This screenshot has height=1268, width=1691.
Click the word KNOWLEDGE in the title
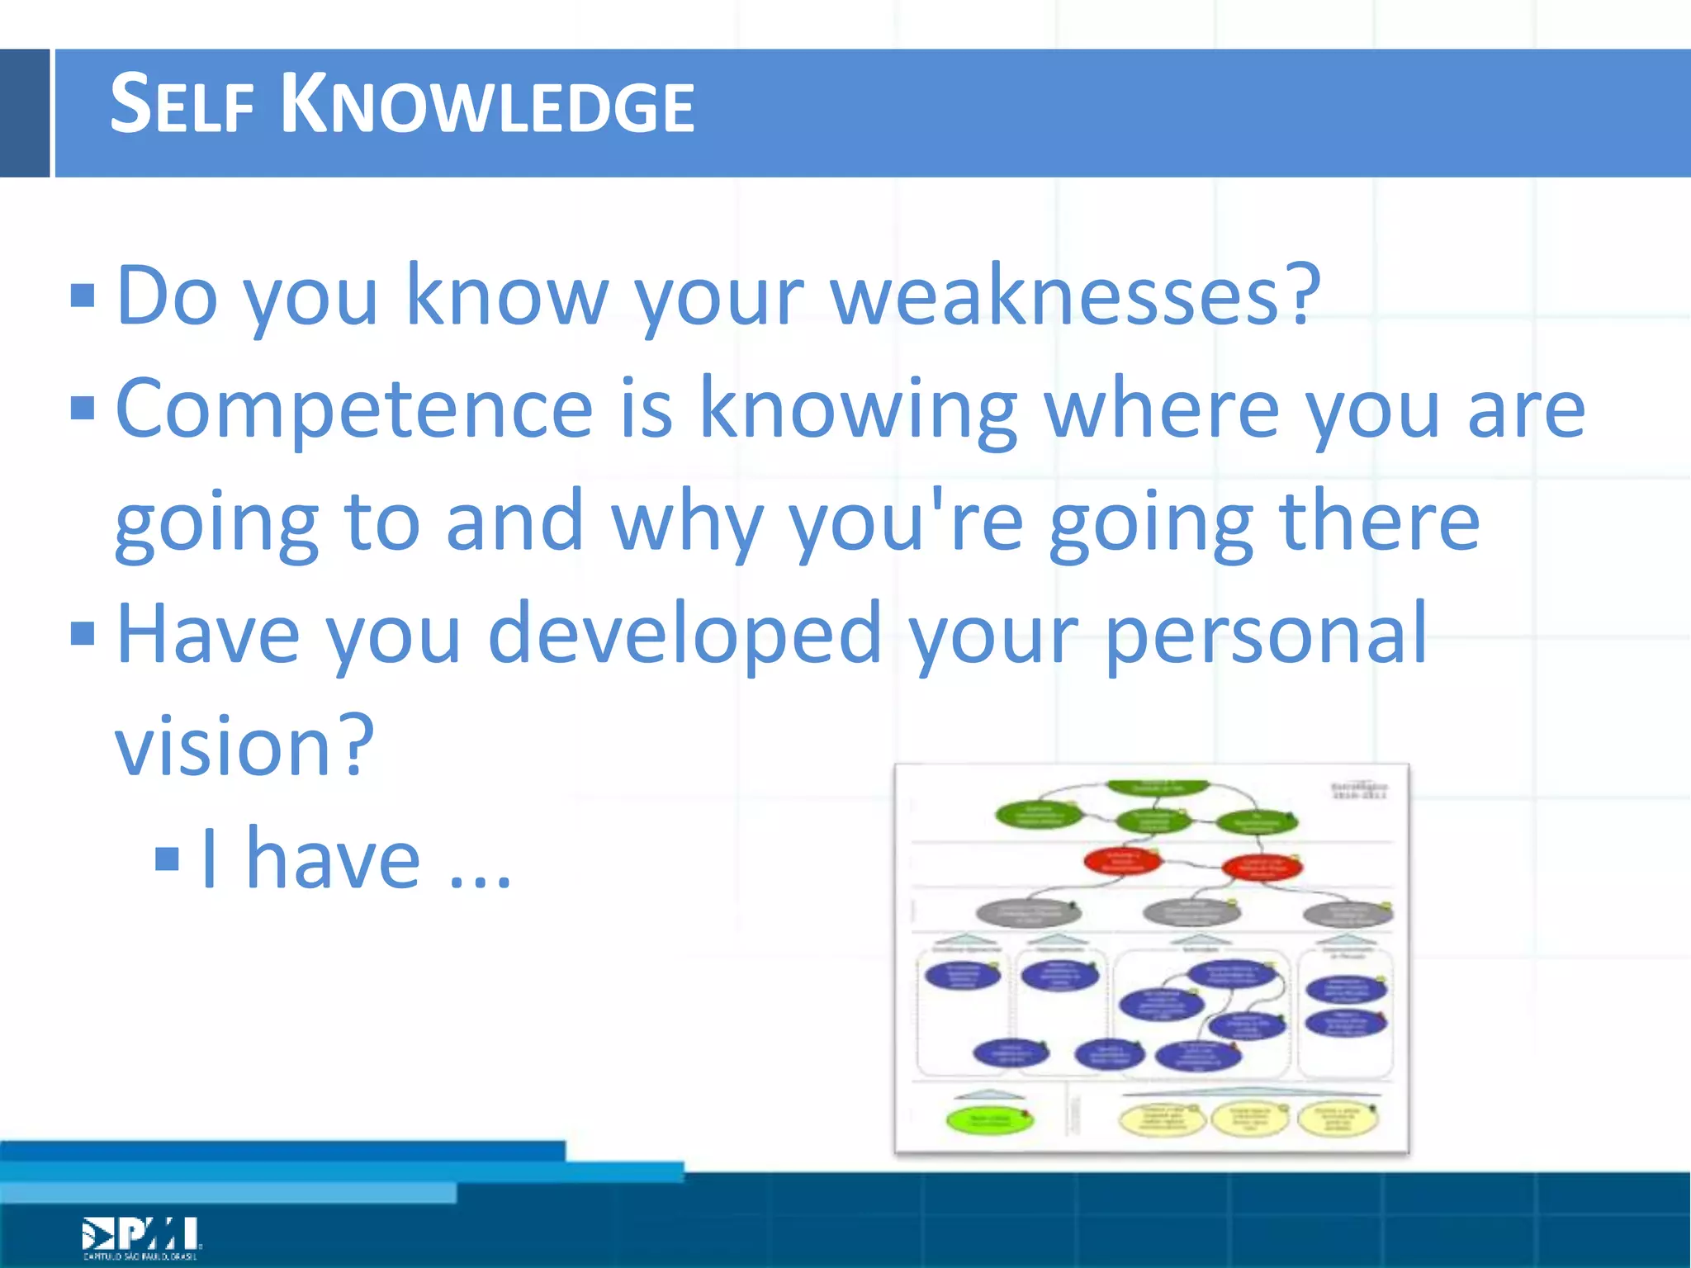click(487, 106)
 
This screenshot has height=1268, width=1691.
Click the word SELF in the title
click(182, 106)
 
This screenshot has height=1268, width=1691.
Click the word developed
click(685, 634)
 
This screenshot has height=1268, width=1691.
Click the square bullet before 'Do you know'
click(83, 296)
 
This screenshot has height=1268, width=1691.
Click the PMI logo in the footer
click(140, 1237)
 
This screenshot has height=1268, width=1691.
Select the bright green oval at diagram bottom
click(989, 1120)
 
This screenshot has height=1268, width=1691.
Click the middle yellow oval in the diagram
click(1248, 1119)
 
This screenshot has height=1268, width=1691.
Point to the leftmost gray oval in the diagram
click(1028, 913)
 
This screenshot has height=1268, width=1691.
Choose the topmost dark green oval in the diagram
click(1158, 787)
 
